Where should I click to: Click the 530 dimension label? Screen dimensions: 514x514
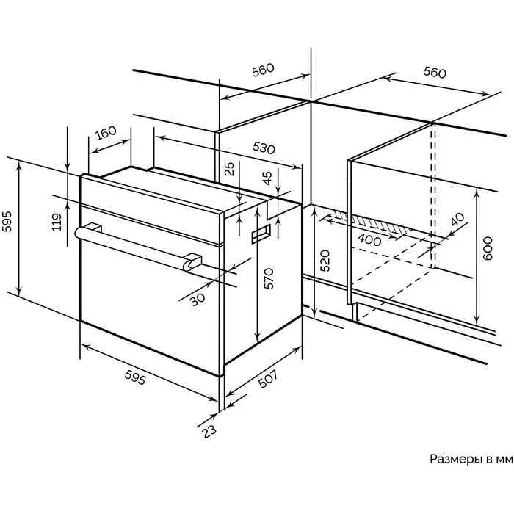pyautogui.click(x=263, y=147)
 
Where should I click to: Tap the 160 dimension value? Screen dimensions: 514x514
pyautogui.click(x=106, y=134)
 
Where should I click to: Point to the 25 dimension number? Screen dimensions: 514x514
pyautogui.click(x=230, y=169)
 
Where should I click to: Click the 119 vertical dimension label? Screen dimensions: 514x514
pyautogui.click(x=57, y=222)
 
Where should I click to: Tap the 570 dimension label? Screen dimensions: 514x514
pyautogui.click(x=269, y=279)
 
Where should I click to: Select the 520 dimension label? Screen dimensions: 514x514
pyautogui.click(x=325, y=261)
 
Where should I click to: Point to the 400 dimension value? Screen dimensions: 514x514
pyautogui.click(x=369, y=240)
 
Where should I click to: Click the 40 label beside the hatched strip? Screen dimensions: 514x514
pyautogui.click(x=457, y=220)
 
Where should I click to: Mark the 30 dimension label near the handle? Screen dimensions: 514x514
pyautogui.click(x=196, y=299)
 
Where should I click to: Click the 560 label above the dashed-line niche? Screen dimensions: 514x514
pyautogui.click(x=435, y=72)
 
